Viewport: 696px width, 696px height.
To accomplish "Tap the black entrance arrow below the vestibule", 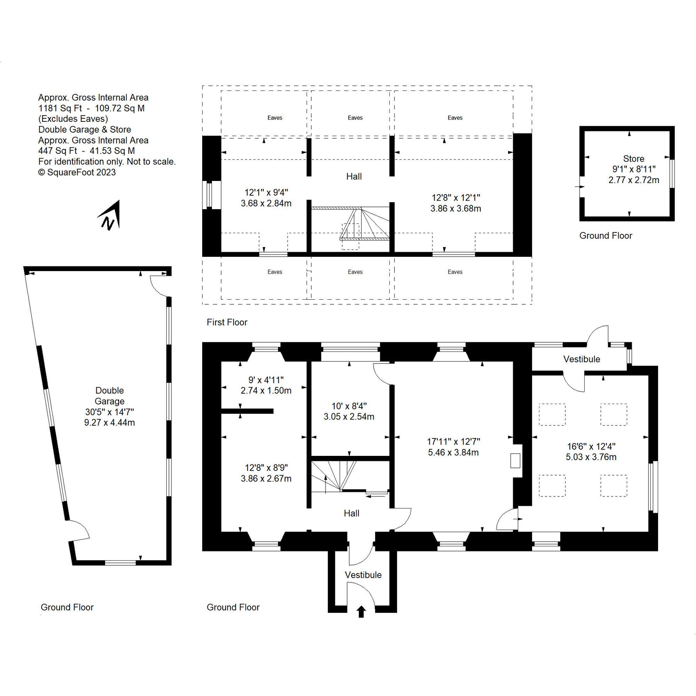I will pos(361,612).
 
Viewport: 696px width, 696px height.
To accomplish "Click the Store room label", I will pos(633,159).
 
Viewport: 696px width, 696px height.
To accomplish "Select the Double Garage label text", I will pos(109,396).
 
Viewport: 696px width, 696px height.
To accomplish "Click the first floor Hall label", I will pos(354,177).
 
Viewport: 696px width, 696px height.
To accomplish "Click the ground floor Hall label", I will pos(351,513).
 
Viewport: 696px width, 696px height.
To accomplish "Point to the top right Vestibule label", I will pos(582,359).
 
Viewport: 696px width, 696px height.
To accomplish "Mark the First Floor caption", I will pos(227,322).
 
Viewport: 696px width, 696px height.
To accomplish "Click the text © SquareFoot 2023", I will pos(77,172).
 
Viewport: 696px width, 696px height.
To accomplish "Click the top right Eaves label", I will pos(455,118).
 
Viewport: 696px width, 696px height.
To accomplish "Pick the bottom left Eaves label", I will pos(275,272).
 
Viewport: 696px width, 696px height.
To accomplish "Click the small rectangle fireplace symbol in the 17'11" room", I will pos(515,461).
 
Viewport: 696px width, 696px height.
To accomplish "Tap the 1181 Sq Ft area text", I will pos(60,108).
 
